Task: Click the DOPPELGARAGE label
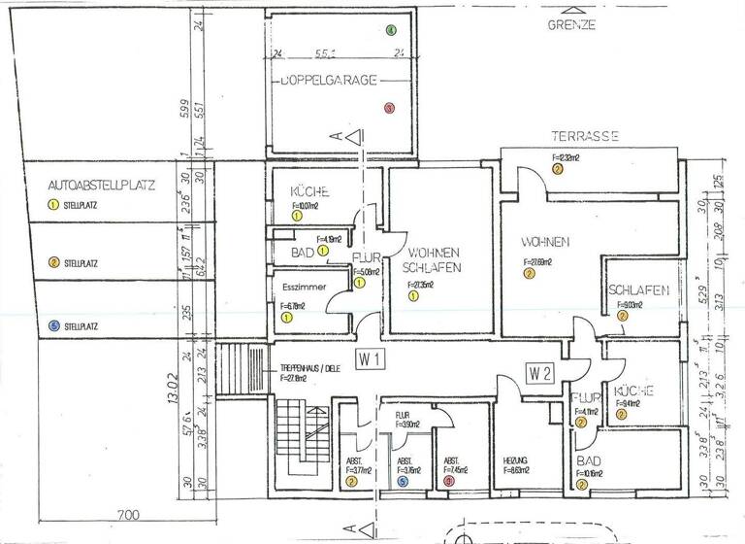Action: click(328, 82)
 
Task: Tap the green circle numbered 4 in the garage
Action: click(391, 30)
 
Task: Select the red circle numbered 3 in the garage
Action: click(389, 109)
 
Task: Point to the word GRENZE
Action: click(571, 25)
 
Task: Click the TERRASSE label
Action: click(585, 137)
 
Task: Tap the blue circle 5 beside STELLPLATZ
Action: click(53, 326)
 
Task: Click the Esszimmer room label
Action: click(298, 288)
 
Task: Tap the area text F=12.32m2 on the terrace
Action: click(566, 156)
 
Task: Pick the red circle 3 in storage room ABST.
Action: click(449, 480)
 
